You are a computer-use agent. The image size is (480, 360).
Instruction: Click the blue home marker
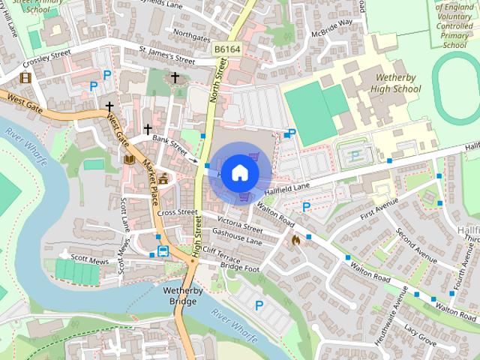[240, 172]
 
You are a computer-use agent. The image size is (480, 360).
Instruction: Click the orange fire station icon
[295, 241]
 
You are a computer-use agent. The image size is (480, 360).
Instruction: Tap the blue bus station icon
[163, 251]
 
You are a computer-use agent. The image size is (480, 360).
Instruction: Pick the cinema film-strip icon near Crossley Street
[26, 76]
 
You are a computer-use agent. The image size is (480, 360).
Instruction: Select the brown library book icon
[128, 159]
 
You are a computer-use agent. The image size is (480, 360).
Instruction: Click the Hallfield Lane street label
[292, 184]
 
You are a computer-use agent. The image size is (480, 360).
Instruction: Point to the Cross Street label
[177, 212]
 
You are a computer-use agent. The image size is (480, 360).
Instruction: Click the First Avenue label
[376, 209]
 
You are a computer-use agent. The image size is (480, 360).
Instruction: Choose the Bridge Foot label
[240, 267]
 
